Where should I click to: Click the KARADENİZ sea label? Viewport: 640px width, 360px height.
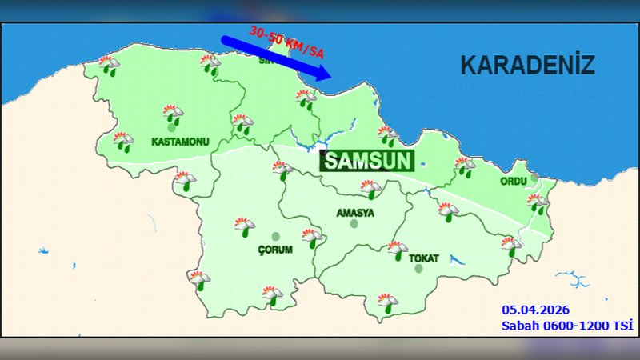tap(527, 66)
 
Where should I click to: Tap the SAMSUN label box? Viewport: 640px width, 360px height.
tap(368, 161)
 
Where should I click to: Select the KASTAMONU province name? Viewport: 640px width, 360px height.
tap(180, 142)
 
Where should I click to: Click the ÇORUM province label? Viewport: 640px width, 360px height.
tap(276, 250)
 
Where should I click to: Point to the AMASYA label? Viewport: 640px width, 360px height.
tap(355, 212)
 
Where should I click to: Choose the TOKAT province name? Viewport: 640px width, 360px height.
tap(424, 258)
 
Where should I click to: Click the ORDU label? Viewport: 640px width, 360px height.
tap(514, 182)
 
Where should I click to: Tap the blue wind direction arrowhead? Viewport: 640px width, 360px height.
tap(322, 74)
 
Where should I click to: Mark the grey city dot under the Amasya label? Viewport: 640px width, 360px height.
tap(354, 224)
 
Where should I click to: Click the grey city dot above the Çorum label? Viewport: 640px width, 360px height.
tap(276, 237)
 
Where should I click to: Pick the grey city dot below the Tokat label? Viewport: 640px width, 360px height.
tap(418, 270)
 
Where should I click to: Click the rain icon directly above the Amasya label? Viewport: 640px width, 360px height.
tap(370, 190)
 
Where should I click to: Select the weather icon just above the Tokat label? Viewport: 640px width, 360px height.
tap(398, 250)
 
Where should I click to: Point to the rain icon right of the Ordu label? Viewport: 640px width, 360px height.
tap(537, 203)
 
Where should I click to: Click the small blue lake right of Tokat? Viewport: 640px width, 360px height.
tap(458, 260)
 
